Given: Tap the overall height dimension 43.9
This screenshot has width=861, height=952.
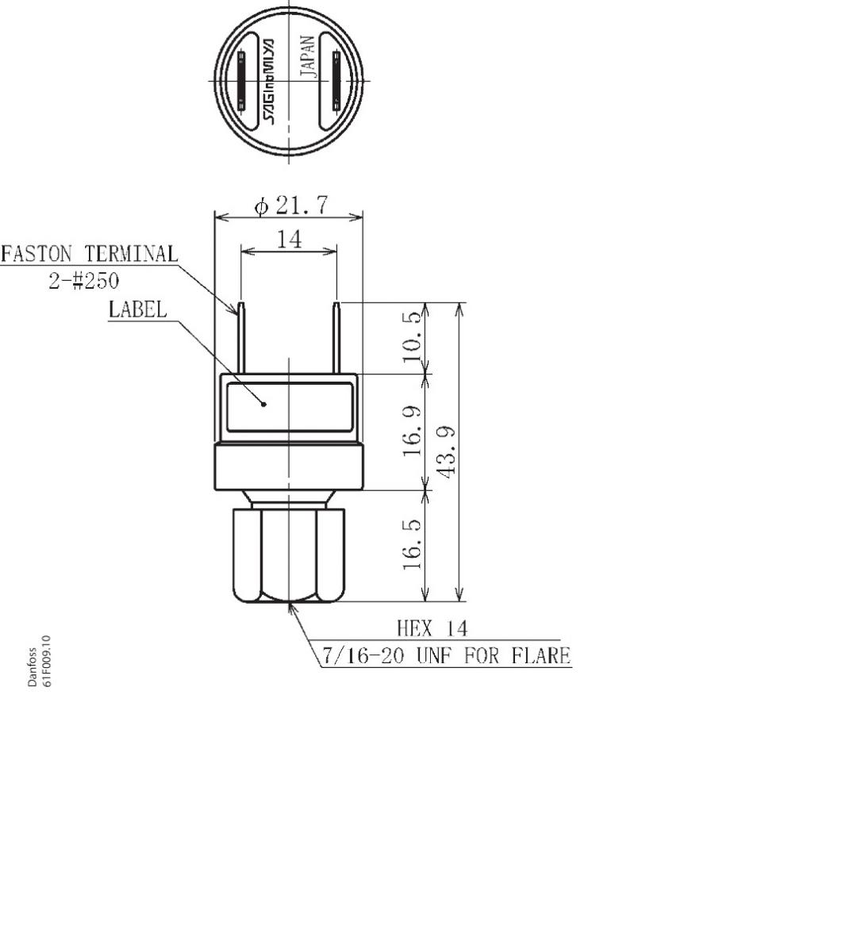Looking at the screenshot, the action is [448, 452].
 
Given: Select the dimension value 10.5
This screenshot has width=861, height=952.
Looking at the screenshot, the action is [413, 337].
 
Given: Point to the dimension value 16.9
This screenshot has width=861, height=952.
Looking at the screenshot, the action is [413, 432].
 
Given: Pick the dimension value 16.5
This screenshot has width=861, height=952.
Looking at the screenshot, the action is [413, 544].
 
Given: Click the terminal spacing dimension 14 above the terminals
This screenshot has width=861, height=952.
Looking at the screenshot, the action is [289, 240].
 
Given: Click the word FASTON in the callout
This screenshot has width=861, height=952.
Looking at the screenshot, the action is [37, 255].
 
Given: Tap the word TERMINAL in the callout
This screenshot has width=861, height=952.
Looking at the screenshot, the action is [132, 255].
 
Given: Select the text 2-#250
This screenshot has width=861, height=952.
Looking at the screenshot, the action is [84, 281].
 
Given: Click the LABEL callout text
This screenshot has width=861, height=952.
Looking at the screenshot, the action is [138, 310].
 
